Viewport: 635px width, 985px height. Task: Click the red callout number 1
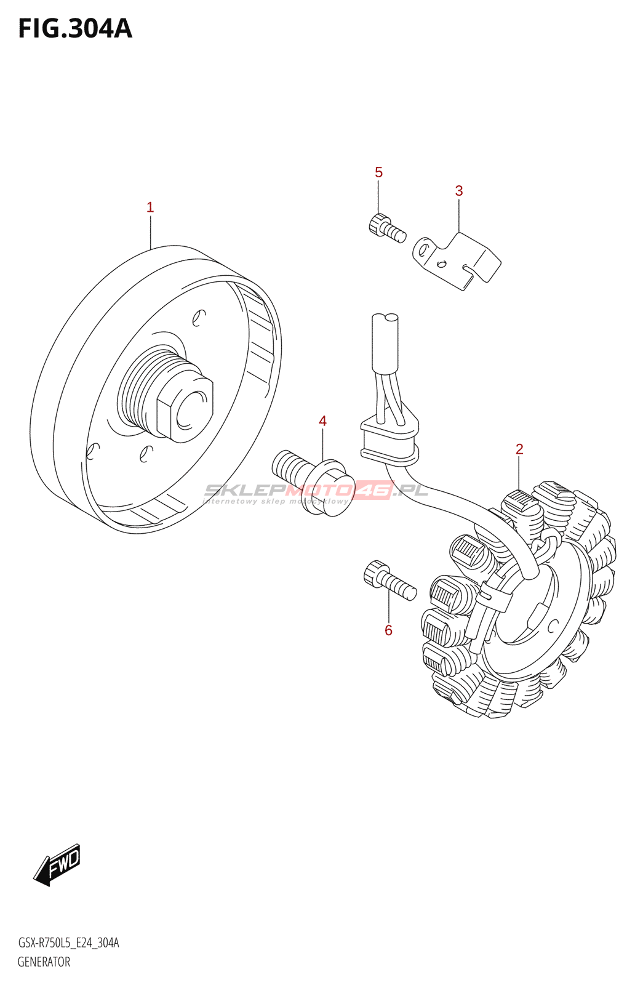[150, 207]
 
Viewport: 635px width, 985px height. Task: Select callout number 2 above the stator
[519, 449]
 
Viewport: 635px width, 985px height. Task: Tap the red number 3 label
[459, 191]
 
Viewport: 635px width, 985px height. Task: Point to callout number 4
[322, 421]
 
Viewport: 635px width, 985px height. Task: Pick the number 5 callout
[378, 172]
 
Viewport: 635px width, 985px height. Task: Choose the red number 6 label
[388, 630]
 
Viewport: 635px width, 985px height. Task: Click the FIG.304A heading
[75, 28]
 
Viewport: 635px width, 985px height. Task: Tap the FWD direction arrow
[57, 864]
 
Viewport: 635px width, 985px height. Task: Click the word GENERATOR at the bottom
[44, 962]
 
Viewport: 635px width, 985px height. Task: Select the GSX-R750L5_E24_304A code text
[68, 943]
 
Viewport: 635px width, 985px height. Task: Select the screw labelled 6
[390, 581]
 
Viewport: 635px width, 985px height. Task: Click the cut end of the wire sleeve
[385, 318]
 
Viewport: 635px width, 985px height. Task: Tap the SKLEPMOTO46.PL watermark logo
[316, 491]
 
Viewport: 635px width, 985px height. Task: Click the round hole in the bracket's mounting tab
[423, 249]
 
